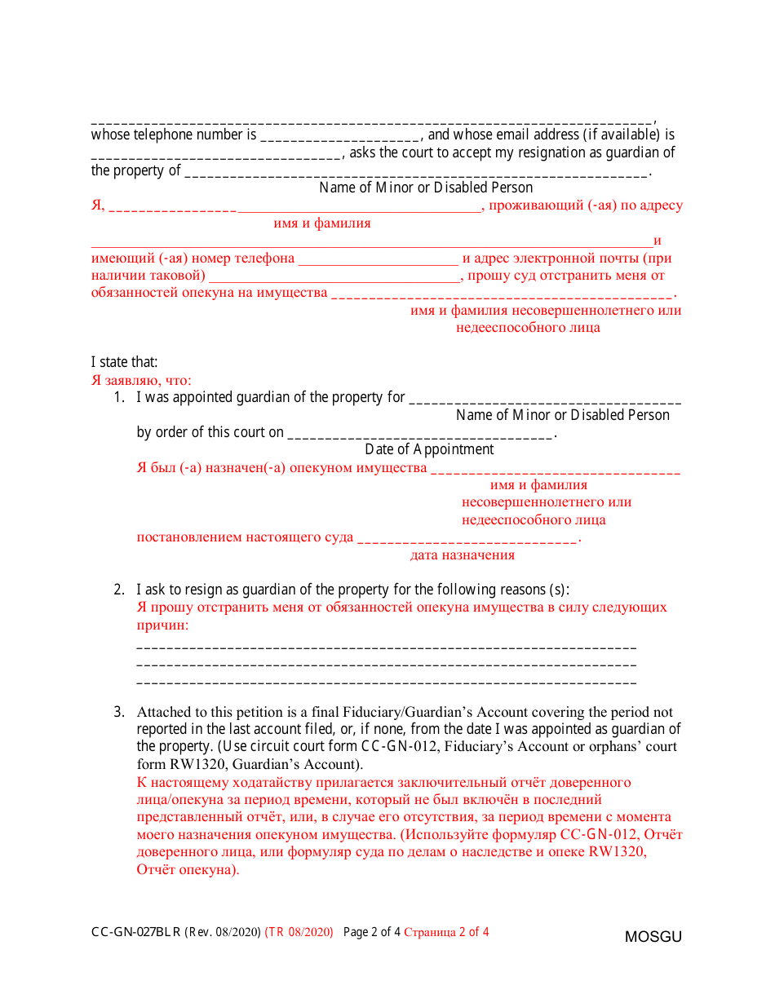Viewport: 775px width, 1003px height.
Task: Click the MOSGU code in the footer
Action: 653,937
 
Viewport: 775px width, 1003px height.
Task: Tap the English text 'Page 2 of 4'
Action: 372,932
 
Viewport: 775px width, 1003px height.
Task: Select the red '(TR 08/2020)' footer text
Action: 299,932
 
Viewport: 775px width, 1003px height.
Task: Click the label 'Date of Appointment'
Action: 429,449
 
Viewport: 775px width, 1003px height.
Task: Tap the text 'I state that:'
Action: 124,362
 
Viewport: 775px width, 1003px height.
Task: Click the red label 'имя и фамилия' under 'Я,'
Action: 322,223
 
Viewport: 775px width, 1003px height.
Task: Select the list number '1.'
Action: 119,398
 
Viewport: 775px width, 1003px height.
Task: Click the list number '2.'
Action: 119,590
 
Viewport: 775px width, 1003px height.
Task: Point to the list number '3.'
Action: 119,712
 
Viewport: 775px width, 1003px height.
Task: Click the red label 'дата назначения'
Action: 463,555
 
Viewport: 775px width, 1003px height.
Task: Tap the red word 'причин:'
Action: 162,625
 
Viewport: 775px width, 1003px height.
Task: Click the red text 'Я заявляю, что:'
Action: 141,380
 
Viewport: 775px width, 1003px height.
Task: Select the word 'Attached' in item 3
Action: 162,712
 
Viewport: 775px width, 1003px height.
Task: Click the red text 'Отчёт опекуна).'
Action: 188,869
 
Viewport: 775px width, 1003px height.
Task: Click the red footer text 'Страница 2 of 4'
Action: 446,932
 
